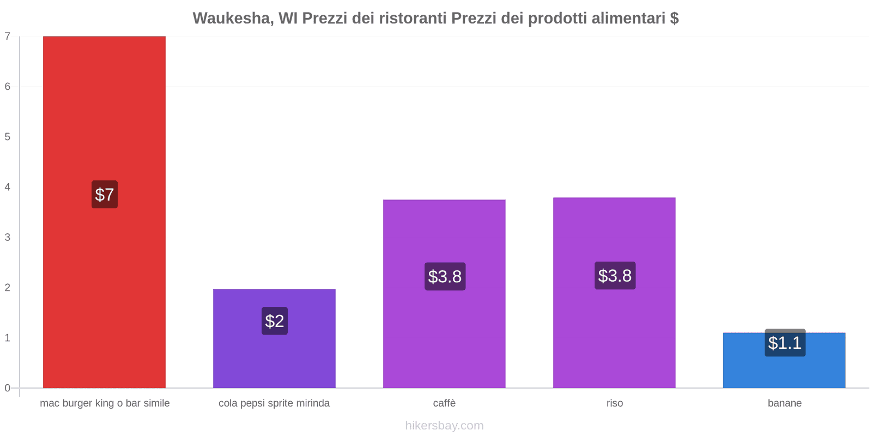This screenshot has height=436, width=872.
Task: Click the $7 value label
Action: click(105, 195)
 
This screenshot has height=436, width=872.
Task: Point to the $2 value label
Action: click(275, 321)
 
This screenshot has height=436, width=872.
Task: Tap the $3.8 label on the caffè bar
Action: click(445, 276)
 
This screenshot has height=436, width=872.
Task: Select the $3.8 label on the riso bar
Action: click(615, 275)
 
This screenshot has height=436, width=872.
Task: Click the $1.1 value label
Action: click(785, 343)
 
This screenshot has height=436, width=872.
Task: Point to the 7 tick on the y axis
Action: click(8, 37)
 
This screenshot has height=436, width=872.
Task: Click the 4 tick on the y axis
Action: click(8, 187)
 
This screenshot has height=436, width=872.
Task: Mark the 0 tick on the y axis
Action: click(8, 388)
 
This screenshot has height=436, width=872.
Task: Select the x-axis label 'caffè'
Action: click(444, 403)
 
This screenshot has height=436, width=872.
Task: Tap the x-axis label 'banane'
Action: click(784, 403)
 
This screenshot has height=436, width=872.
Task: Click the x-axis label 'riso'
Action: click(614, 403)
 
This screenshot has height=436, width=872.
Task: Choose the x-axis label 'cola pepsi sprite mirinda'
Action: click(274, 403)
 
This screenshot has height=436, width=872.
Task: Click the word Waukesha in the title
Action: click(233, 19)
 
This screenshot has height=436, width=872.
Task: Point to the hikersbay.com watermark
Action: click(444, 426)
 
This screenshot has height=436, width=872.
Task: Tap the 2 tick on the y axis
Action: click(8, 288)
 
